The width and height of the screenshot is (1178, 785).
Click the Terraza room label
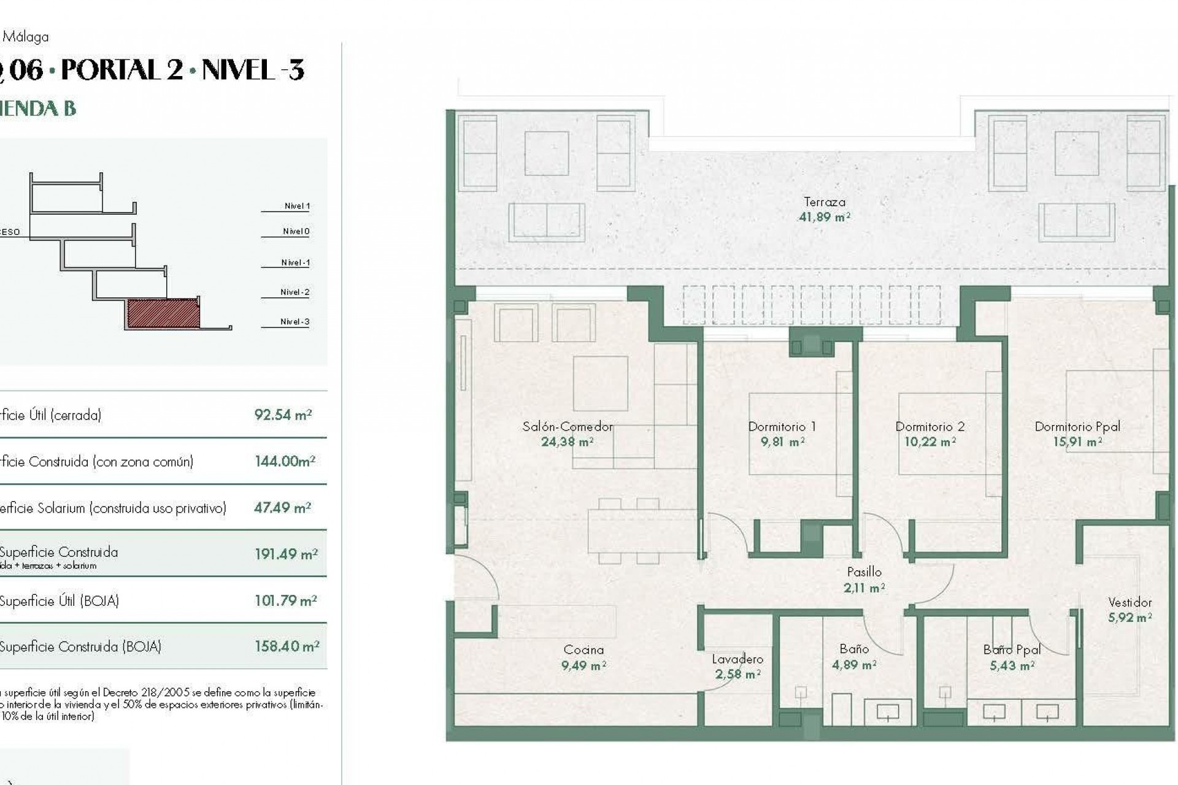[x=824, y=202]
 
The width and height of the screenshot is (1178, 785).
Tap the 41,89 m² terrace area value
[x=824, y=217]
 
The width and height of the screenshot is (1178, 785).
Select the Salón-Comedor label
[x=568, y=426]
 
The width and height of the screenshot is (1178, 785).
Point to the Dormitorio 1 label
[x=782, y=426]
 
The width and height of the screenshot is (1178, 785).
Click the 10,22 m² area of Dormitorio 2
[x=930, y=442]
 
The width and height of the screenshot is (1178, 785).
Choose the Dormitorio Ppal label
[x=1077, y=426]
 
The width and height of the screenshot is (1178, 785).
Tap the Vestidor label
[x=1130, y=602]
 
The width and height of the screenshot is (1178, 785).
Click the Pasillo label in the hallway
[x=864, y=572]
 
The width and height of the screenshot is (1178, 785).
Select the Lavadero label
[x=737, y=659]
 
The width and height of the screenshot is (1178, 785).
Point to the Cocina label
[x=583, y=649]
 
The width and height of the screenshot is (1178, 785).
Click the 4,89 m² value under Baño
[x=853, y=665]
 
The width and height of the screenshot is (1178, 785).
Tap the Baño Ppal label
[x=1011, y=649]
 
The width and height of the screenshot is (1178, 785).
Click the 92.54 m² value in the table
[x=283, y=415]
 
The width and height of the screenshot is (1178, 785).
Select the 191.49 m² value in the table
[x=286, y=554]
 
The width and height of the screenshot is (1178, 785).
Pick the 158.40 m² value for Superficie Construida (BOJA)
[x=287, y=646]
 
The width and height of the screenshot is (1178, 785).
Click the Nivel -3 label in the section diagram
[x=294, y=321]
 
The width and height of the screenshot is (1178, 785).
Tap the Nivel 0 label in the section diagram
[x=296, y=231]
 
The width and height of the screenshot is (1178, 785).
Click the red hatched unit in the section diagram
[x=163, y=313]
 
